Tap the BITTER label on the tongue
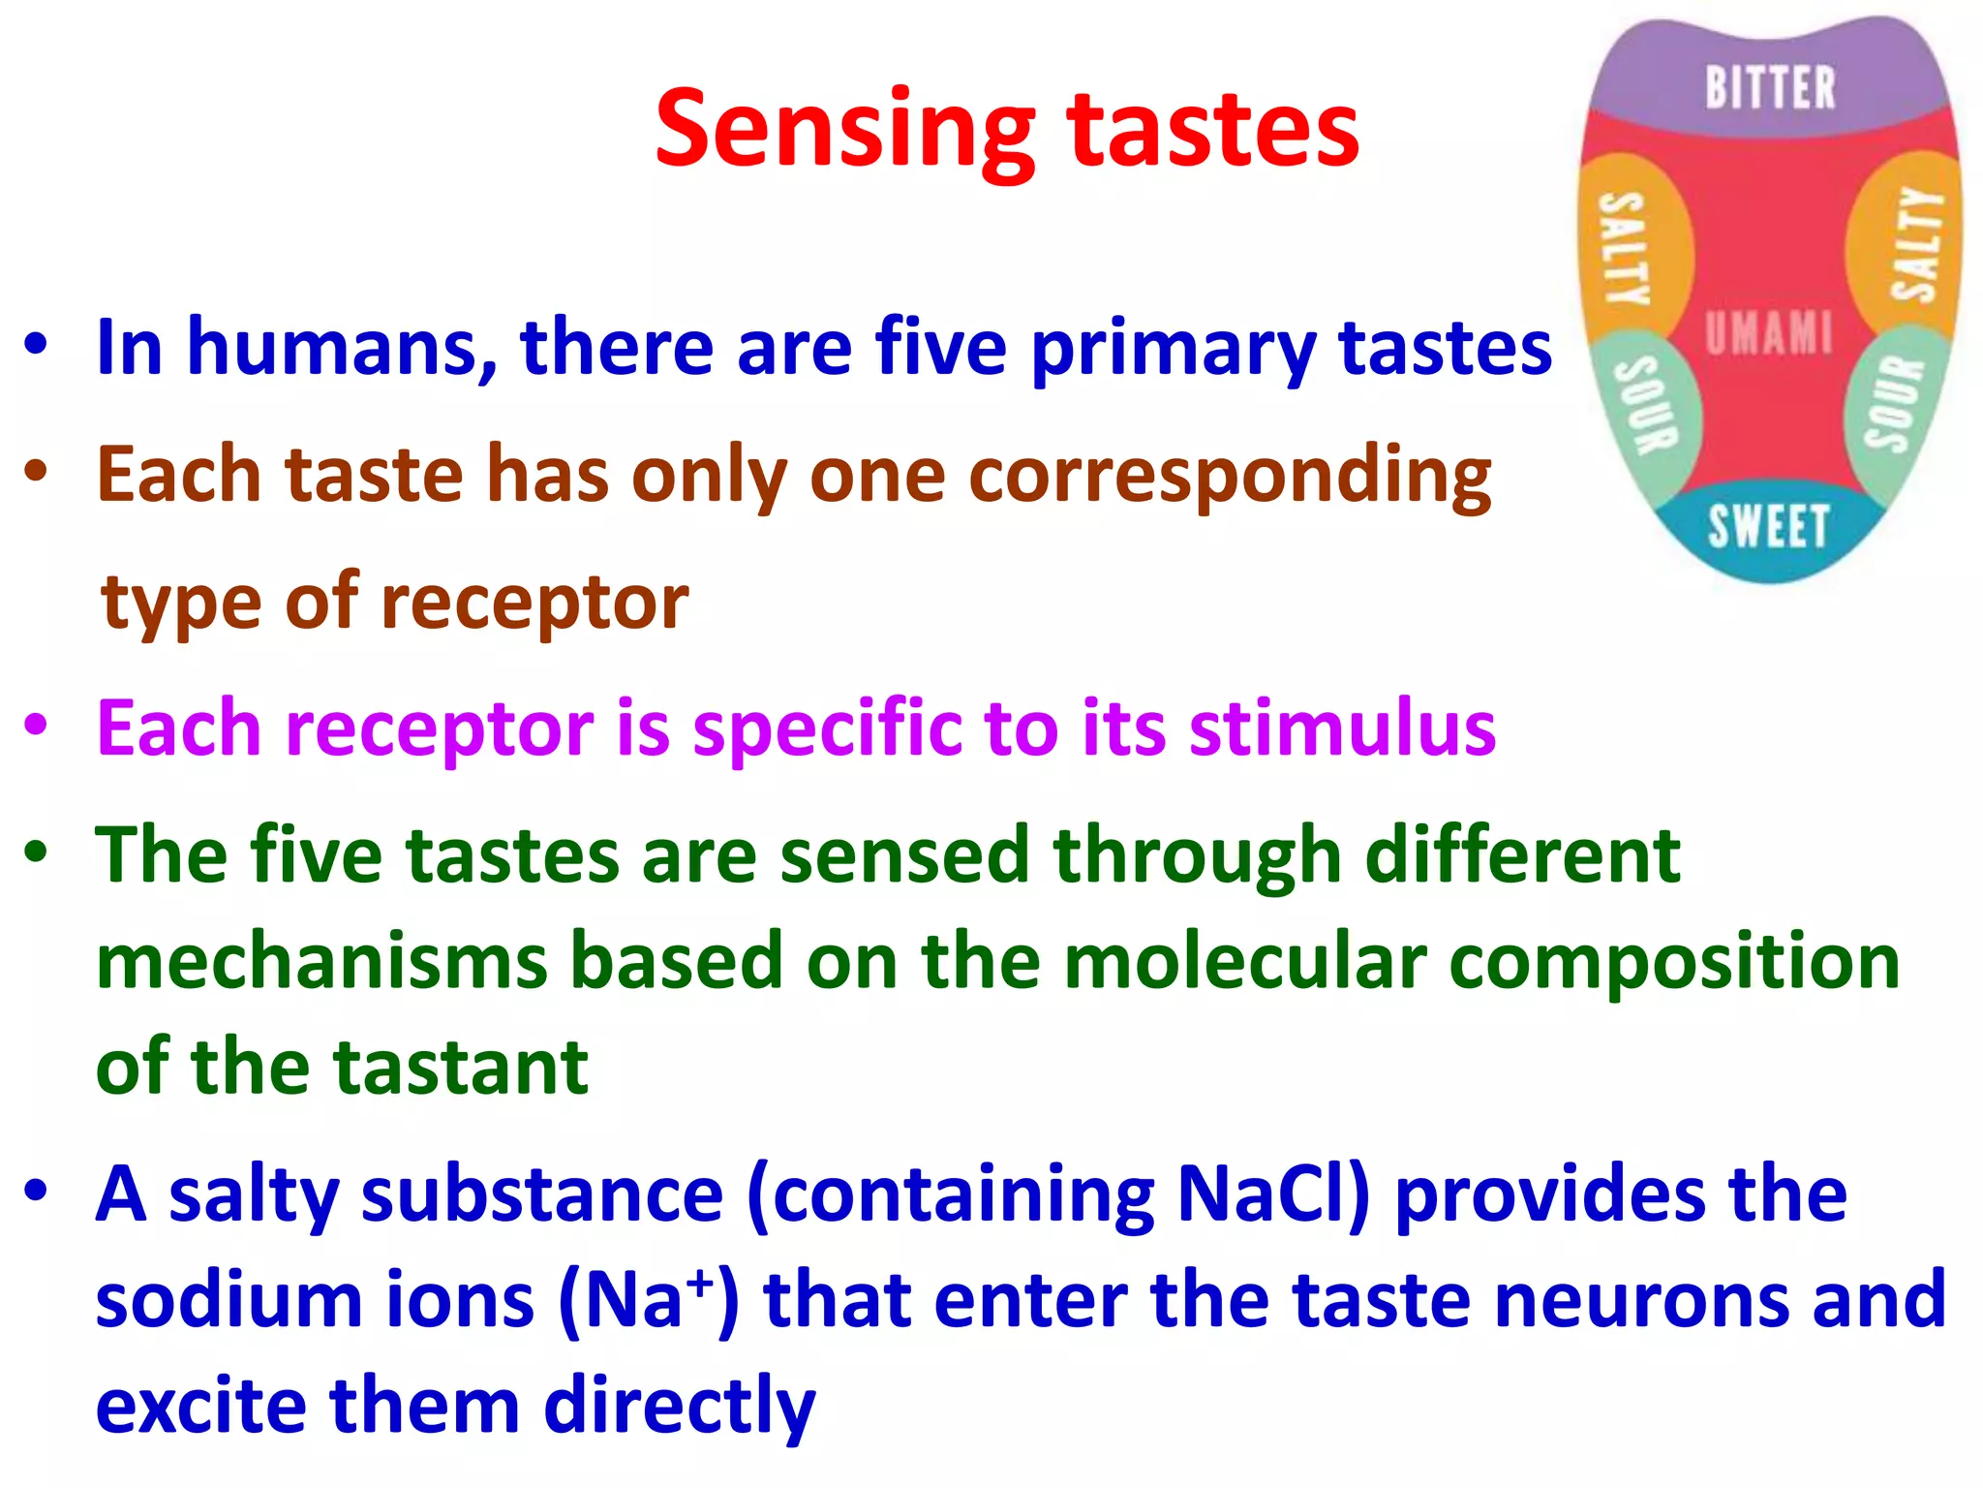[x=1770, y=88]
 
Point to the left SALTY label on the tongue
[x=1624, y=248]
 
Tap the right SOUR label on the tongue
[x=1894, y=402]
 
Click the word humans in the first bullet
[x=343, y=348]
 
